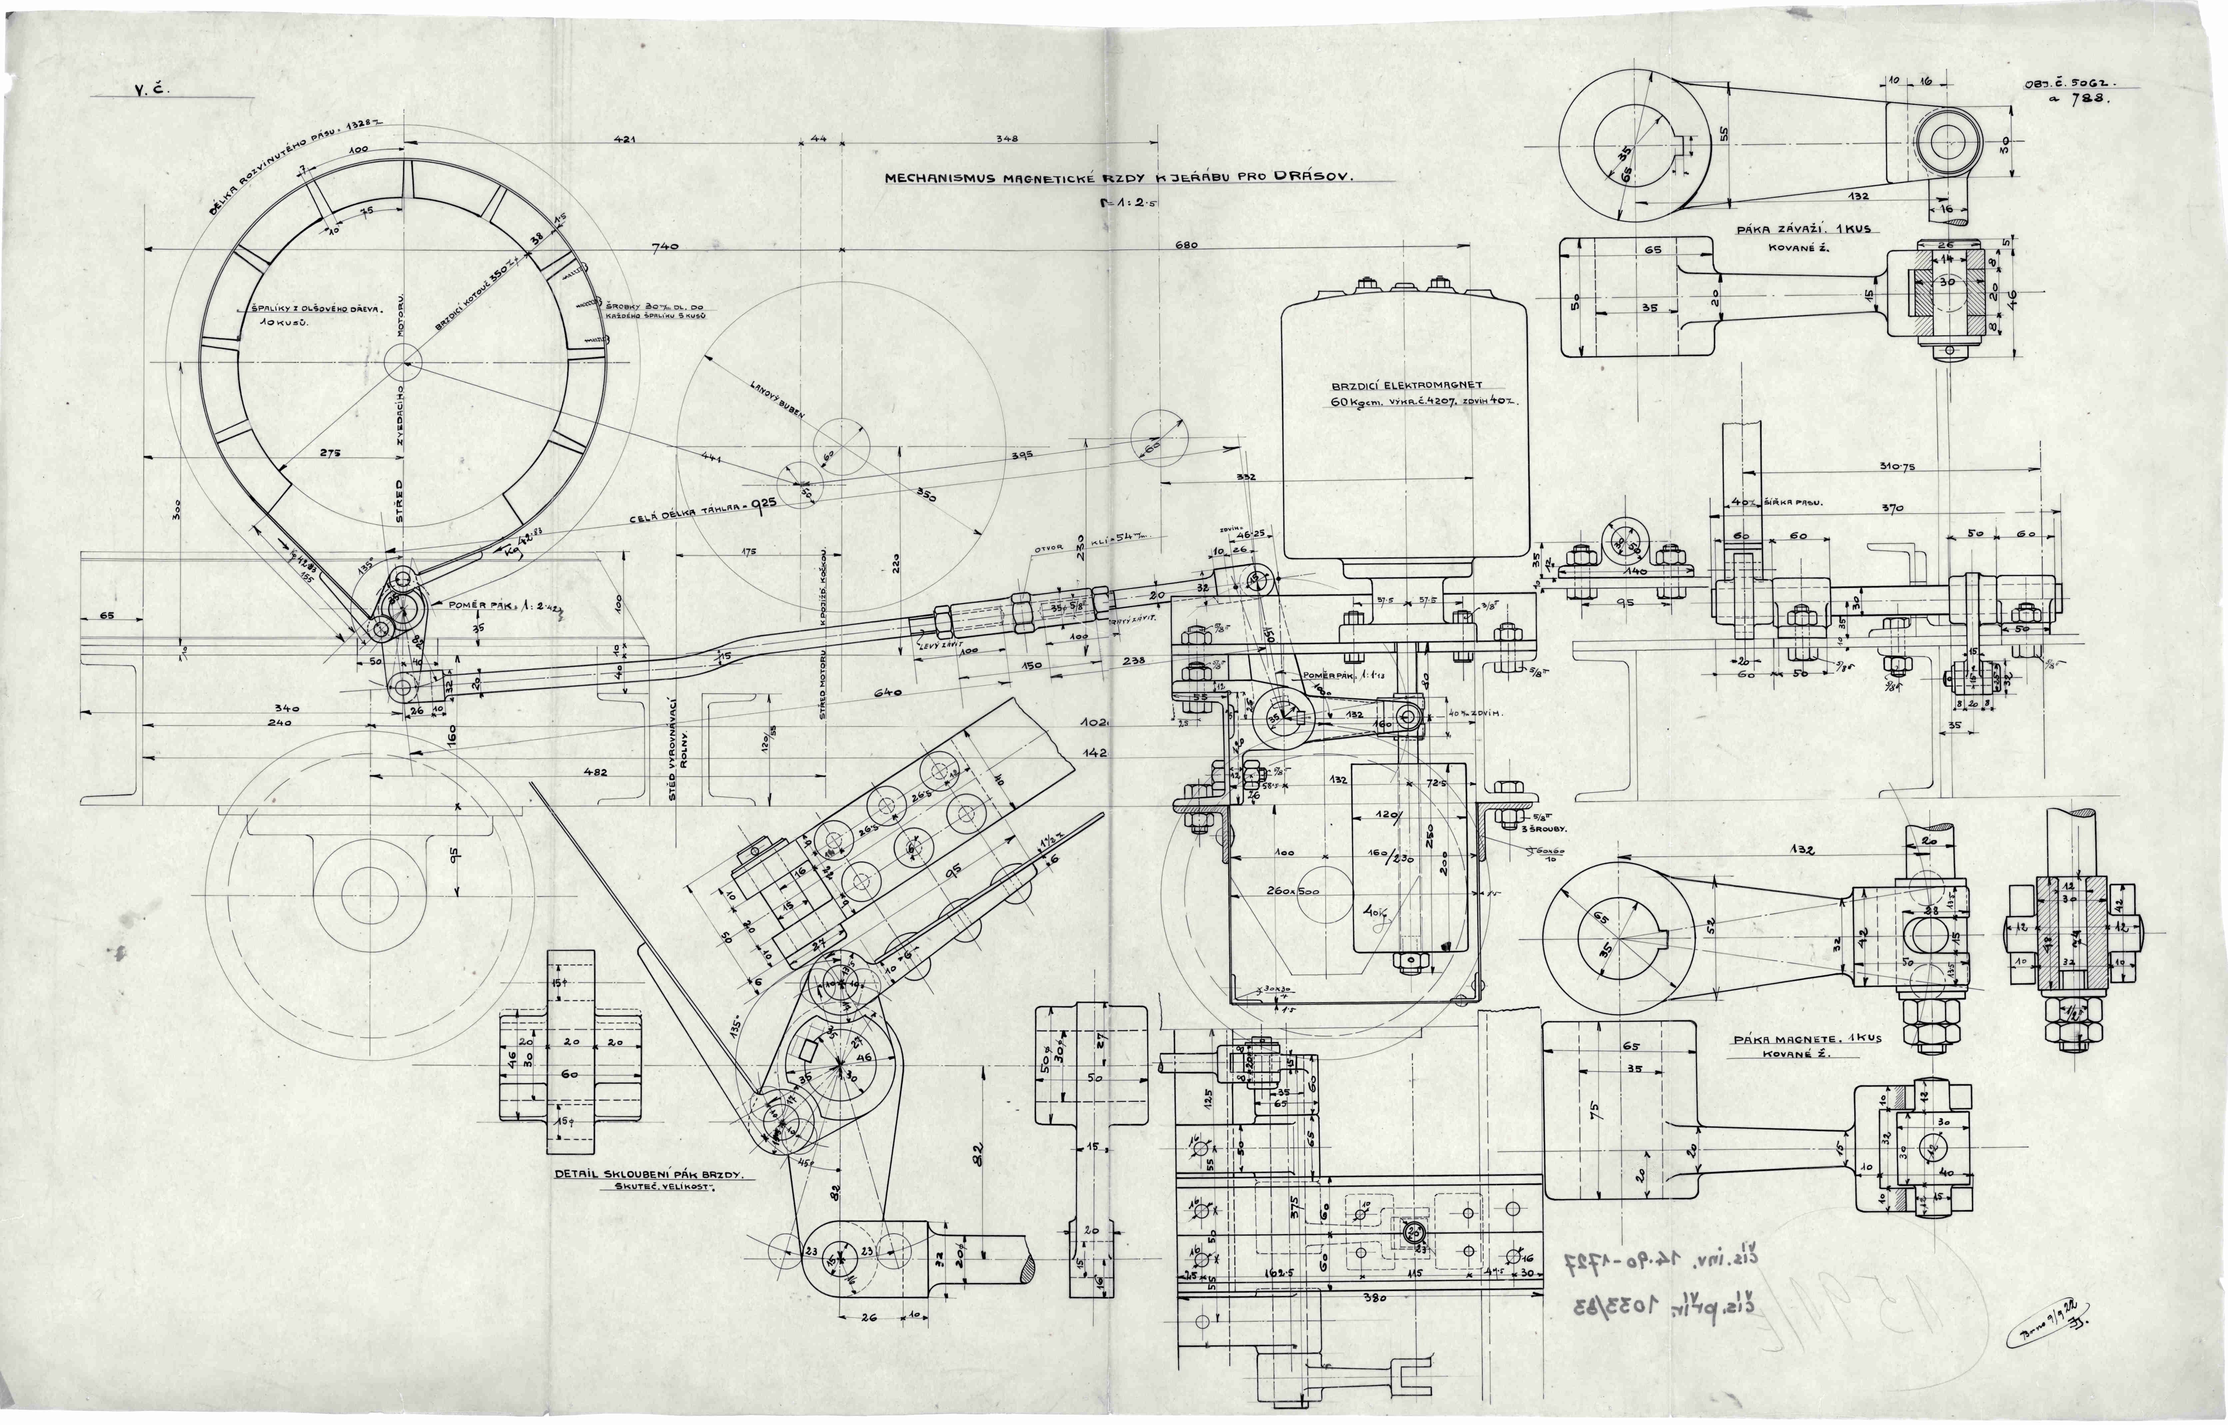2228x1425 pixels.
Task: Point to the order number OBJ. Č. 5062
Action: pyautogui.click(x=2067, y=86)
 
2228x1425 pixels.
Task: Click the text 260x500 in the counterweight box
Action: pyautogui.click(x=1293, y=890)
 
